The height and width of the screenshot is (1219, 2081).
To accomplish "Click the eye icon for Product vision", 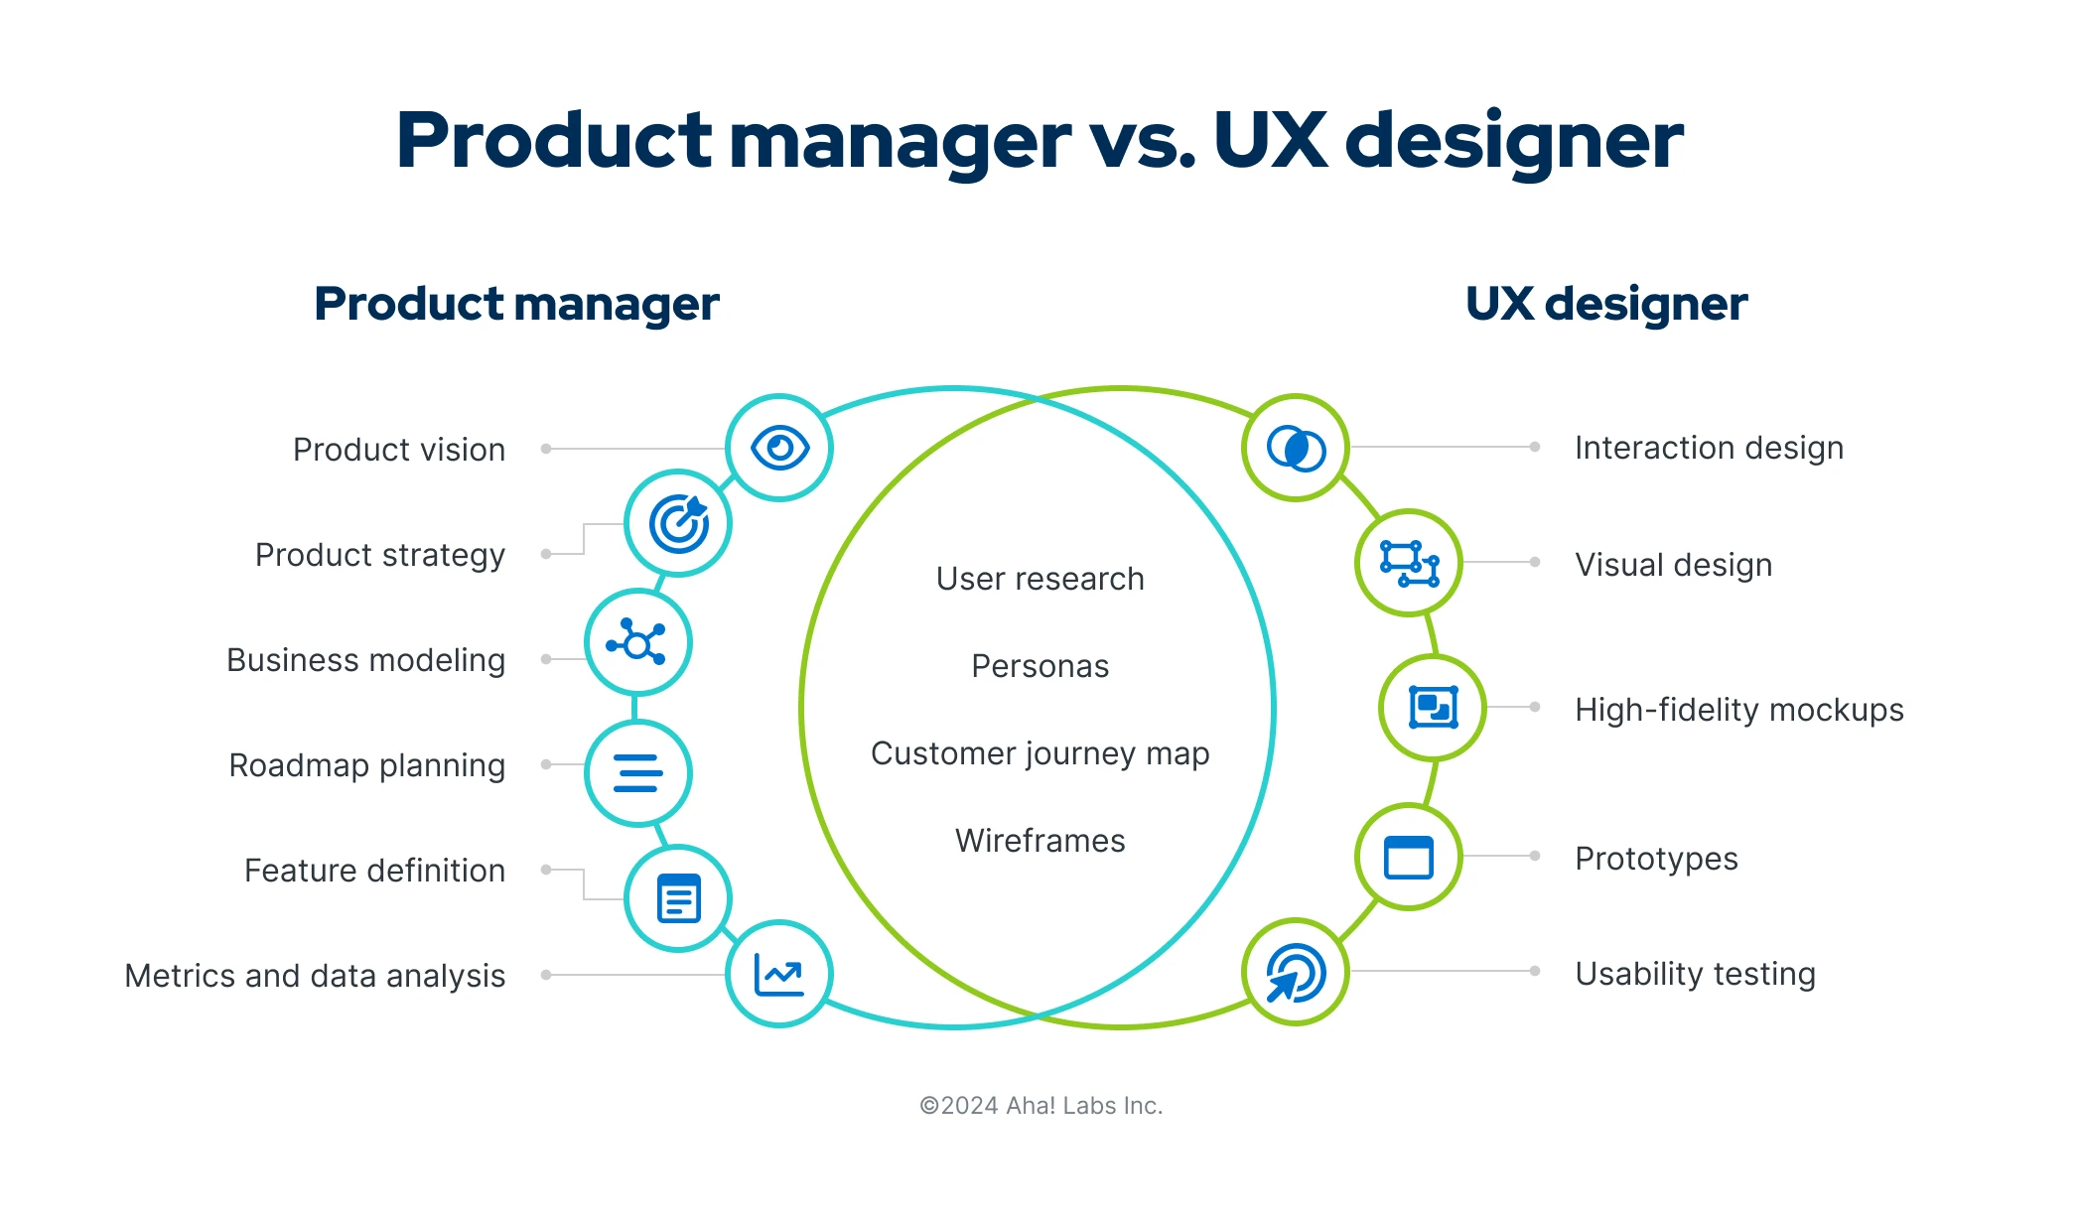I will [779, 448].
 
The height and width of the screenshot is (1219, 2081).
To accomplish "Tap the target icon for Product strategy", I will [678, 523].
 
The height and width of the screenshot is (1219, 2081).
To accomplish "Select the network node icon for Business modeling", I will [637, 642].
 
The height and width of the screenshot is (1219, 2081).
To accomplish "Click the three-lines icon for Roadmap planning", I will [637, 773].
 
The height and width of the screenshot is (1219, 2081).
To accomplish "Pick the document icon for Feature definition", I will [678, 898].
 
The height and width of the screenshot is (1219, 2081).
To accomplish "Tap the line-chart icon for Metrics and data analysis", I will [779, 974].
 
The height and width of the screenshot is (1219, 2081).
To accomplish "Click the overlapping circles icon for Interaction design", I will [1296, 449].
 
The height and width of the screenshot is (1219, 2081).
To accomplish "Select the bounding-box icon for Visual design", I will [1409, 563].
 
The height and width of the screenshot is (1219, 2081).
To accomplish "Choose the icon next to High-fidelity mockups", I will [1433, 708].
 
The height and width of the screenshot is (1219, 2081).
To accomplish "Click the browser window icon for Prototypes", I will [1409, 857].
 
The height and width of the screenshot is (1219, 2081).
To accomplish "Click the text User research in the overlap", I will [1040, 579].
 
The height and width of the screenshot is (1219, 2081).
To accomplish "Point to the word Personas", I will [1040, 666].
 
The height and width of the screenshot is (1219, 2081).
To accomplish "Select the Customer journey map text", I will [1040, 753].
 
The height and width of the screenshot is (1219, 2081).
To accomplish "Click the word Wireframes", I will [1040, 841].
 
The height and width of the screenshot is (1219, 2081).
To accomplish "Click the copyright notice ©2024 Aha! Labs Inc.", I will [1040, 1106].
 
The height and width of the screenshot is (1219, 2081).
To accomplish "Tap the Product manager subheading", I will [516, 304].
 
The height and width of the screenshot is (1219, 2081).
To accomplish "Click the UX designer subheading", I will [1605, 304].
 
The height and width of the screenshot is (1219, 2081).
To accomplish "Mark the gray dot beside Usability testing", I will [1535, 971].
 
